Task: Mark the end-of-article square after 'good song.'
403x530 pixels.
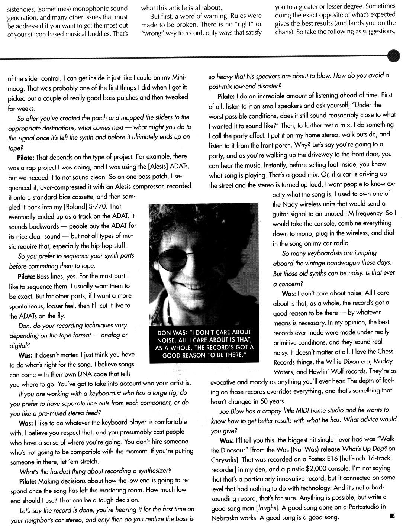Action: click(x=392, y=516)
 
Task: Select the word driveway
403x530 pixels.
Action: click(x=309, y=154)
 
